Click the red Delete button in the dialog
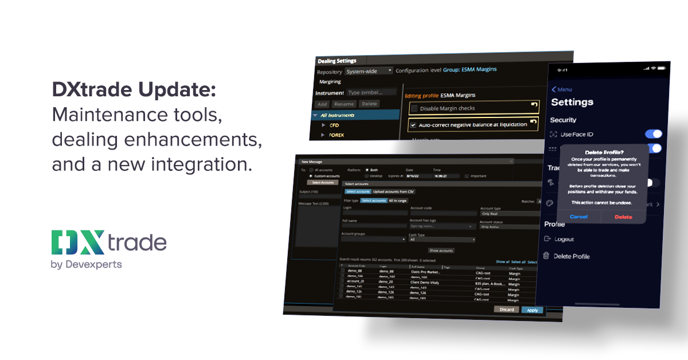pyautogui.click(x=623, y=217)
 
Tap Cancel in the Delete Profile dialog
pyautogui.click(x=578, y=217)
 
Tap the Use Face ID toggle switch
pyautogui.click(x=653, y=134)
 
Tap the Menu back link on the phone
pyautogui.click(x=562, y=89)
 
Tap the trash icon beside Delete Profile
pyautogui.click(x=547, y=256)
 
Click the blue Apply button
pyautogui.click(x=532, y=310)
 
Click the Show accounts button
pyautogui.click(x=441, y=251)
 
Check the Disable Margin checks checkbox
pyautogui.click(x=414, y=108)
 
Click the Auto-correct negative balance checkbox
pyautogui.click(x=413, y=124)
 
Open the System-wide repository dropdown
pyautogui.click(x=369, y=71)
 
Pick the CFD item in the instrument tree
pyautogui.click(x=334, y=125)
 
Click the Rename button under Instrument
pyautogui.click(x=344, y=104)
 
